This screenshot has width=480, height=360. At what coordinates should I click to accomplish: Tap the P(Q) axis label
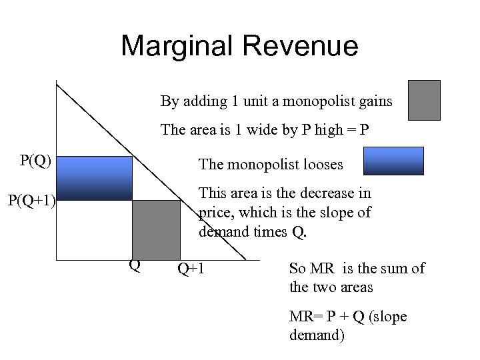[x=35, y=161]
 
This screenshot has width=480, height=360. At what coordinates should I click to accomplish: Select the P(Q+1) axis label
[x=31, y=199]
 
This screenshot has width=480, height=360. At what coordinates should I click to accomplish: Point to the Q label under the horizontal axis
[x=135, y=266]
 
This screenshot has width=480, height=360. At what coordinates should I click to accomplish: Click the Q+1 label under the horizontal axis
[x=191, y=269]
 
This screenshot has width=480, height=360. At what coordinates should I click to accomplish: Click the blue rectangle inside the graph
[x=94, y=178]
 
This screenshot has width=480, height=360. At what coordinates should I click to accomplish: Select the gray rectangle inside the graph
[x=156, y=229]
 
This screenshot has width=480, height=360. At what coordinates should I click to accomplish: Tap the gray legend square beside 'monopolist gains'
[x=424, y=100]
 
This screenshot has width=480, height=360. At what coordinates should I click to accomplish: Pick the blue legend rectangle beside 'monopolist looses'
[x=393, y=161]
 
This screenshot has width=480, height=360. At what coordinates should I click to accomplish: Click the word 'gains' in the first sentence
[x=375, y=101]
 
